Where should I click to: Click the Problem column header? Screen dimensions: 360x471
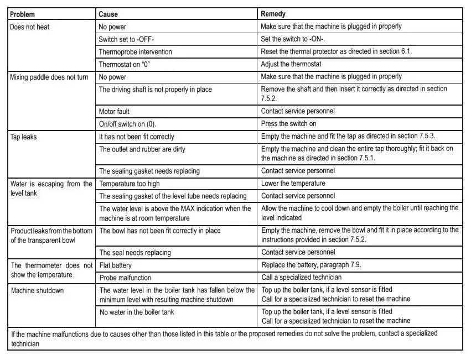pos(23,14)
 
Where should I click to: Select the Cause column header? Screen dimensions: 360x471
pos(108,14)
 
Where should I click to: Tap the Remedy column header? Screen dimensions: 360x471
pos(273,14)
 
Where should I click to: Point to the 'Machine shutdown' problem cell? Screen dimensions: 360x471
pos(37,290)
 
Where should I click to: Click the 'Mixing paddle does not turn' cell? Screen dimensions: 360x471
pos(49,77)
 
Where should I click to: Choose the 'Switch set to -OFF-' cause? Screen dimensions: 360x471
pos(126,39)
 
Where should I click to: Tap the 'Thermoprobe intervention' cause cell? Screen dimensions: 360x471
pos(135,52)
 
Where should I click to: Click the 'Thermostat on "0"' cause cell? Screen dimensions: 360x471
pos(125,65)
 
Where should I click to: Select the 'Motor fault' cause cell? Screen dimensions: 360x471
pos(114,112)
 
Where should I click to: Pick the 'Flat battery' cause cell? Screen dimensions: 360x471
pos(115,265)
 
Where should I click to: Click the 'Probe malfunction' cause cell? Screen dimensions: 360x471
pos(125,278)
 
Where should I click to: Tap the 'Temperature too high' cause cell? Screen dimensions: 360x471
pos(129,184)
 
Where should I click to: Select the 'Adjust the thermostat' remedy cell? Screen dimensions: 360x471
pos(291,65)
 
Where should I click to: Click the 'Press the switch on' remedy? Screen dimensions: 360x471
pos(289,124)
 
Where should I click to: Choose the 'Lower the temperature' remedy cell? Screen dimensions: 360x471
pos(293,184)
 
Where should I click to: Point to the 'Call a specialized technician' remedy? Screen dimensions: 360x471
pos(302,278)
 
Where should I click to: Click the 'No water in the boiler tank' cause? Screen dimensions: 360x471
pos(136,312)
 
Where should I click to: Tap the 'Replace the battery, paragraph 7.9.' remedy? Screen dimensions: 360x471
pos(312,265)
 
